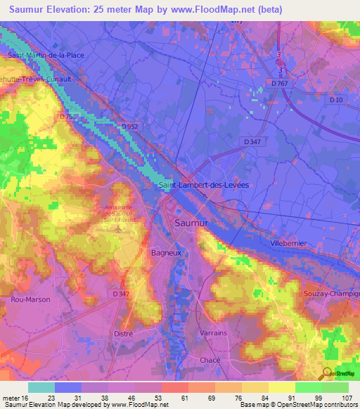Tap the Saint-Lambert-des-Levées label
205,185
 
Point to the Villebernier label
290,242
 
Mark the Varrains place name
212,332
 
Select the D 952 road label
129,126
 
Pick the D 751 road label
67,117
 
